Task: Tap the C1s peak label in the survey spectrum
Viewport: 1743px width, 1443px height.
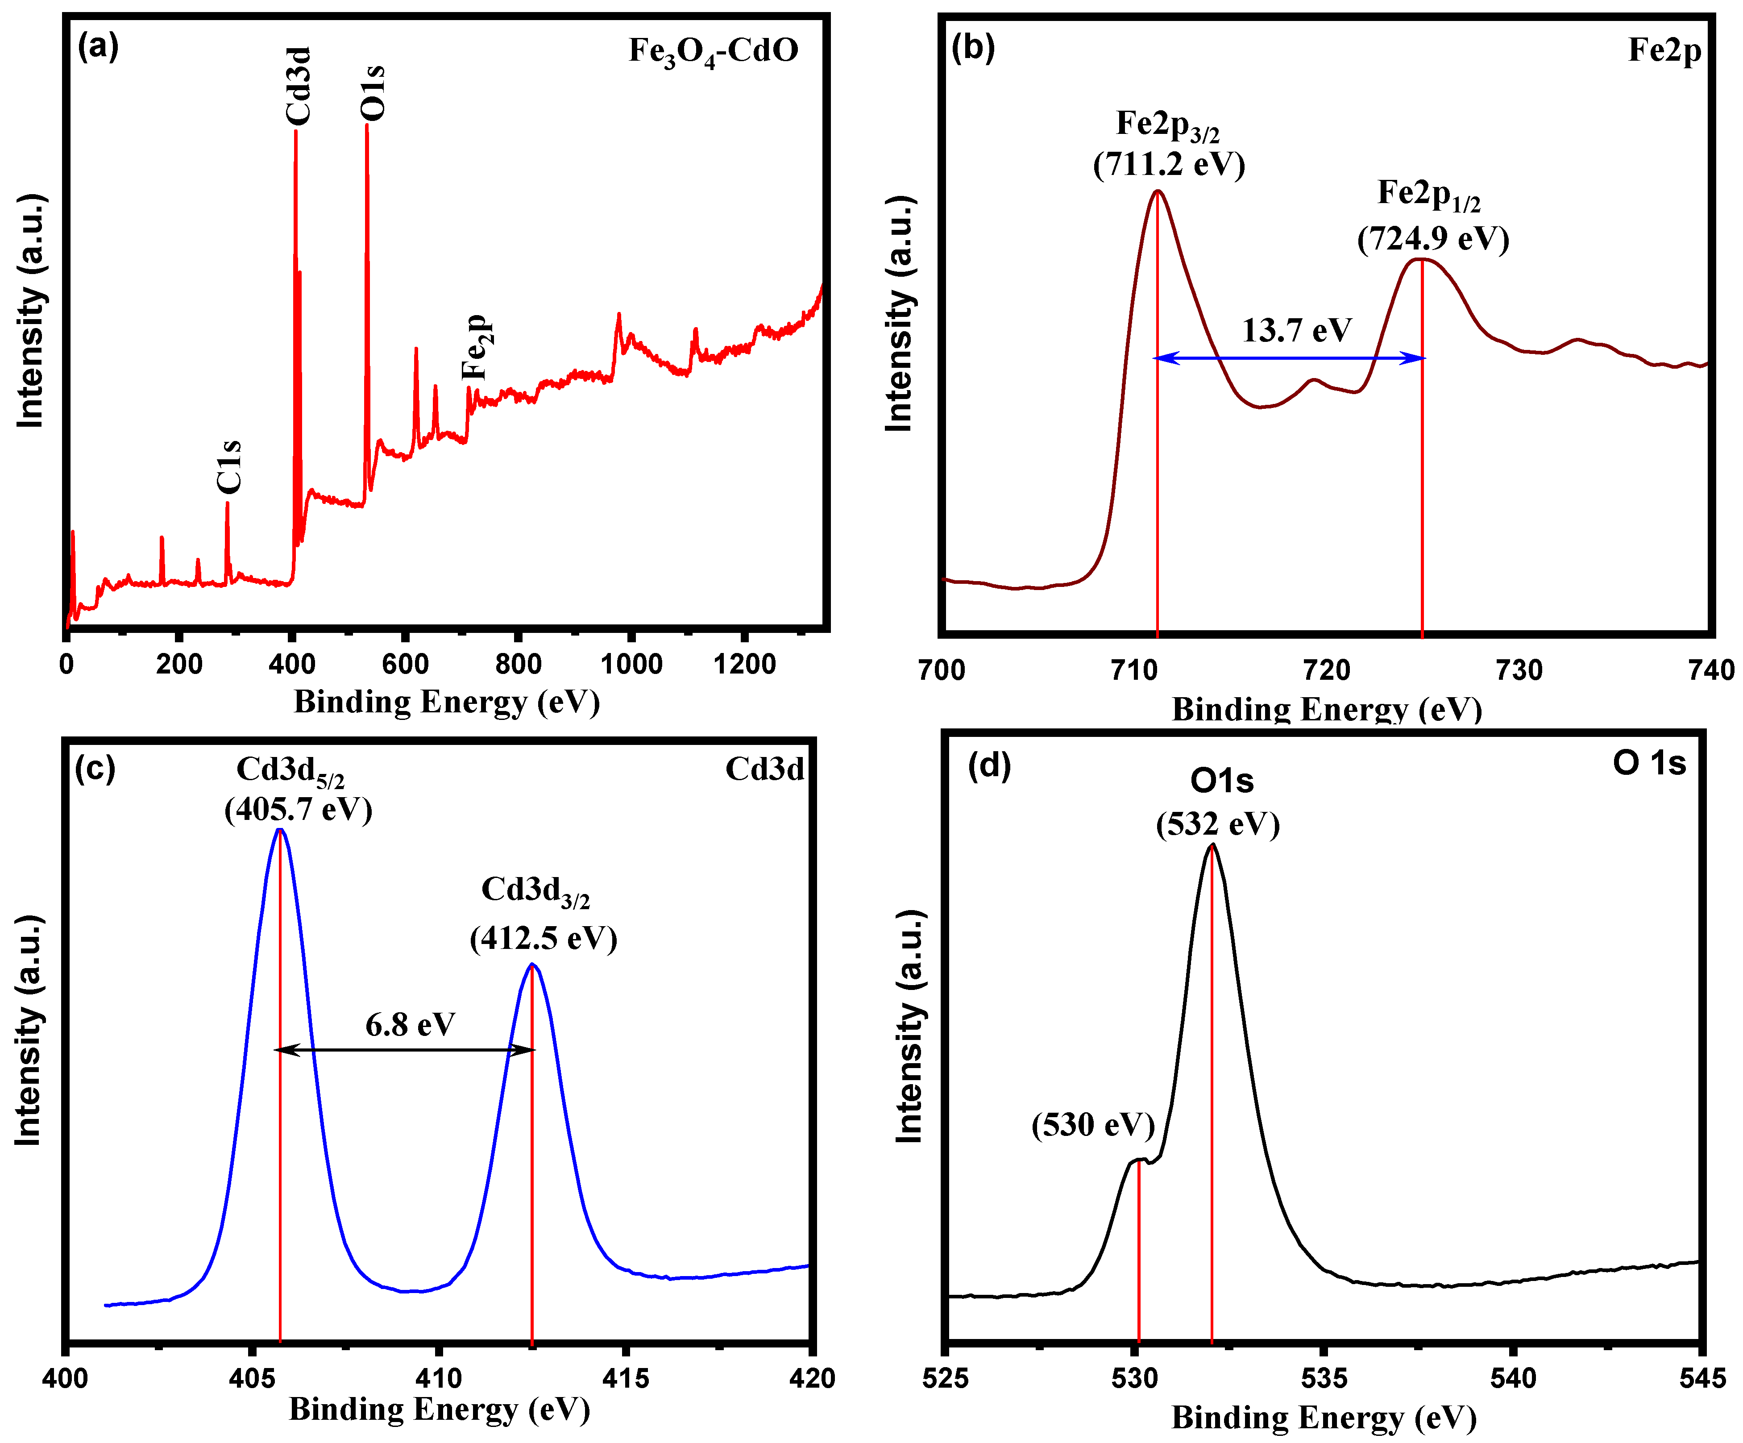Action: [228, 466]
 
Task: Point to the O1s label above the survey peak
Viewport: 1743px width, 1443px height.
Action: [373, 91]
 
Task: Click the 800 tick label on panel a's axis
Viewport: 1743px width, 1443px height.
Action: [518, 664]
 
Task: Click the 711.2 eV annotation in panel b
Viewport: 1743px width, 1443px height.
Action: [1169, 164]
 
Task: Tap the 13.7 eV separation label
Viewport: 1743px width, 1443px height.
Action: [1296, 330]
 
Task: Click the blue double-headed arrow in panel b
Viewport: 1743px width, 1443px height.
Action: [1289, 358]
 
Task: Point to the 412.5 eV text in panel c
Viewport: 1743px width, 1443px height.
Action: [544, 939]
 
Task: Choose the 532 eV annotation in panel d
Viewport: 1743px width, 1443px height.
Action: [1218, 824]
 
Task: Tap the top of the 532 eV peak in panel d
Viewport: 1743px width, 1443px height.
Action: [1212, 845]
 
